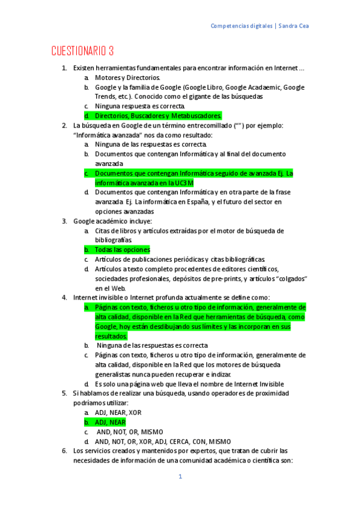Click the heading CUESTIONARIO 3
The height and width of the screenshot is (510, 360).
tap(82, 51)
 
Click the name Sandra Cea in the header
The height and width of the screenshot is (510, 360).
tap(294, 26)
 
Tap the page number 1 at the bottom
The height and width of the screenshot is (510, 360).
tap(180, 477)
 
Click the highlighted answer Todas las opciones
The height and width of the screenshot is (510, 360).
tap(123, 250)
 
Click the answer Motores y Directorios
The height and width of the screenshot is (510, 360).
tap(127, 78)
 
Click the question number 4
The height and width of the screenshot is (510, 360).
tap(64, 297)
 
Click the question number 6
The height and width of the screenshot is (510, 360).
tap(64, 450)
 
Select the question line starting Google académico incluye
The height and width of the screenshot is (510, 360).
tap(112, 221)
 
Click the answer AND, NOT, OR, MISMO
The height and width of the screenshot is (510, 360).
tap(130, 432)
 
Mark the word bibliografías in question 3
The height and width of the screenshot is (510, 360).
tap(115, 240)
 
